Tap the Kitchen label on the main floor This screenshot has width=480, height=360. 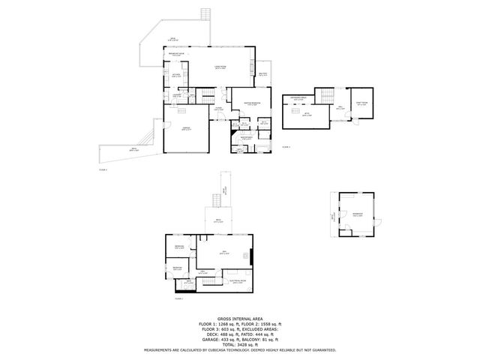175,75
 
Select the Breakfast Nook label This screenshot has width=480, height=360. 177,55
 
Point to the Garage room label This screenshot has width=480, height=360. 184,129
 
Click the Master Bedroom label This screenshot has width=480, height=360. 251,103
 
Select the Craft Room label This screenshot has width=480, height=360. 361,104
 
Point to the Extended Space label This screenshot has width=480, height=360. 298,98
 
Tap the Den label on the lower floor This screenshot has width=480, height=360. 224,252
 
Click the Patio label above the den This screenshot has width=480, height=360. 217,221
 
